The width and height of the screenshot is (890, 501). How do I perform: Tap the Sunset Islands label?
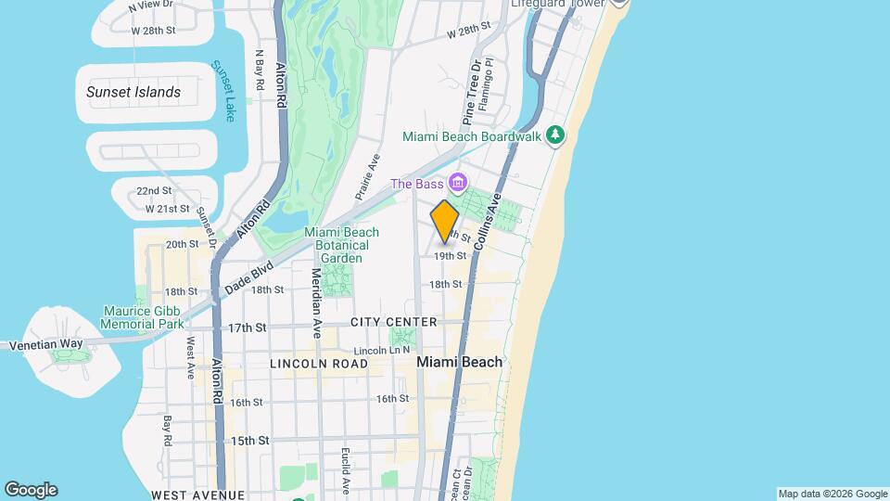pyautogui.click(x=133, y=92)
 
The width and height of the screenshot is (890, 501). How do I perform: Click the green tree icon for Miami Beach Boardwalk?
pyautogui.click(x=555, y=136)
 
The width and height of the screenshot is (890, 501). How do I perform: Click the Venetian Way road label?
pyautogui.click(x=46, y=343)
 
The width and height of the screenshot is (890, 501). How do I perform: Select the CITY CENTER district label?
pyautogui.click(x=393, y=322)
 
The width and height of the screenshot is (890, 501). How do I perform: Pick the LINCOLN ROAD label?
pyautogui.click(x=319, y=364)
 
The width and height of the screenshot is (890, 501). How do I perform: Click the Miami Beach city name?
pyautogui.click(x=460, y=362)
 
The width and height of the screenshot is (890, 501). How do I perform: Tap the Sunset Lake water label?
pyautogui.click(x=222, y=91)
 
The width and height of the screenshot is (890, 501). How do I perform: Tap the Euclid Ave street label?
pyautogui.click(x=344, y=469)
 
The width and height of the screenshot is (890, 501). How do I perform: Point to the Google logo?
pyautogui.click(x=31, y=490)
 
